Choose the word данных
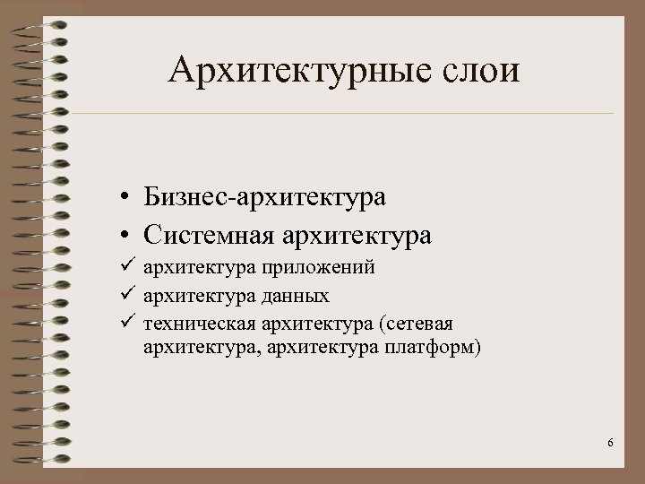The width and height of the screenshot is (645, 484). pyautogui.click(x=297, y=295)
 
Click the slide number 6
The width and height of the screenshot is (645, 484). pyautogui.click(x=610, y=444)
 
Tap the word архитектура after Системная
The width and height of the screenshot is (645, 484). pyautogui.click(x=358, y=236)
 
